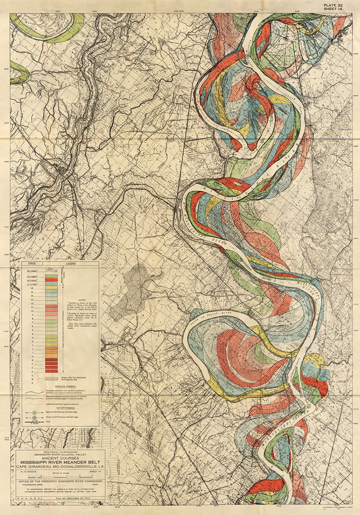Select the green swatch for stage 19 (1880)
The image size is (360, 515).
(x=51, y=276)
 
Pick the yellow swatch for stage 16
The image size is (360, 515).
(x=51, y=288)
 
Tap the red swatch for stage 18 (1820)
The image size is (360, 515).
(x=51, y=280)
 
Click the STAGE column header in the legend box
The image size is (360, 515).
(x=32, y=264)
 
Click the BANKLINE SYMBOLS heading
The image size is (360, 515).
(x=65, y=387)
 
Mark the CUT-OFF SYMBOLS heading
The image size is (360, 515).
(x=66, y=408)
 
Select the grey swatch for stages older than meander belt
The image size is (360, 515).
(x=51, y=379)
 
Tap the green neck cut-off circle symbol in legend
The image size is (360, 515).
(x=34, y=413)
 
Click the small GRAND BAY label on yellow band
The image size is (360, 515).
(x=270, y=390)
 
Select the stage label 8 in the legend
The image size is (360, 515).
(x=32, y=319)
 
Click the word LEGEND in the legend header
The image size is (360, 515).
(x=71, y=264)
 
